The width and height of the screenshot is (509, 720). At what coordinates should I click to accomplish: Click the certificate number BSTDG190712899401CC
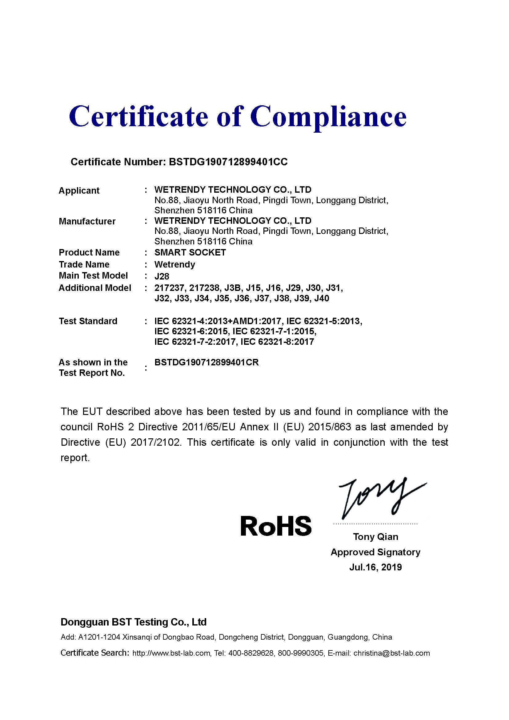(228, 162)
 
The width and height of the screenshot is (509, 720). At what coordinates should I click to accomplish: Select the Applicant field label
(79, 190)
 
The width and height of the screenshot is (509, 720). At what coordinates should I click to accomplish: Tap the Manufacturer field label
(87, 221)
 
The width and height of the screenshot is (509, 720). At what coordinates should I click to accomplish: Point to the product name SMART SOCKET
(190, 252)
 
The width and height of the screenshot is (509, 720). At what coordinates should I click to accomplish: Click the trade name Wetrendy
(174, 264)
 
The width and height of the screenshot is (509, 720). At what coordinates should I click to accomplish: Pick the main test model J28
(162, 276)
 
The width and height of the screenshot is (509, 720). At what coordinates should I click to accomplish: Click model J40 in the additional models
(322, 298)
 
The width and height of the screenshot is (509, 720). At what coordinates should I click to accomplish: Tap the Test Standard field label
(88, 321)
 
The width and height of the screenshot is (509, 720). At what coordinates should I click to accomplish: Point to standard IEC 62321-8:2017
(277, 341)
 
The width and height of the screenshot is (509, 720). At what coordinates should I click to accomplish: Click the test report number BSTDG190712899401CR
(206, 363)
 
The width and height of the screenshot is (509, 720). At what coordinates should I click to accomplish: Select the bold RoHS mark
(276, 526)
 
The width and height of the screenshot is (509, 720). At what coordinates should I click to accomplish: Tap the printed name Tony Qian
(375, 537)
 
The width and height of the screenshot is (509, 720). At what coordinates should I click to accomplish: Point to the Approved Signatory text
(375, 552)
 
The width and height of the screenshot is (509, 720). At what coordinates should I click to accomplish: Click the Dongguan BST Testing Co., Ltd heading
(134, 622)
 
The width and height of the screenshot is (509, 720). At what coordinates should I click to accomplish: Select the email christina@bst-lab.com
(391, 653)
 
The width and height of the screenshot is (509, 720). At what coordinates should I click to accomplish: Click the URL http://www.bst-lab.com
(171, 653)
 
